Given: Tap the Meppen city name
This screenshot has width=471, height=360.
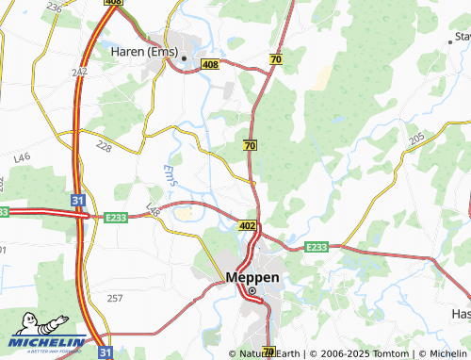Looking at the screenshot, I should click(x=252, y=277).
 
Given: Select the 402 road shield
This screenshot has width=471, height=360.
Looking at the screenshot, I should click(x=248, y=226).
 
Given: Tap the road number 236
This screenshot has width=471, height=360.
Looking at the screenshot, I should click(x=54, y=8).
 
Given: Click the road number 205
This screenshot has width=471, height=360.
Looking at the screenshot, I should click(x=417, y=139).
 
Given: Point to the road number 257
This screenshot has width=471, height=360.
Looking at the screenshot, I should click(x=114, y=298).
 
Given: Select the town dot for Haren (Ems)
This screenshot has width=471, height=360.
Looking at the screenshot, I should click(x=185, y=59).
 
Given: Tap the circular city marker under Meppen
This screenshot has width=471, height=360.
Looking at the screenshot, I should click(x=252, y=291).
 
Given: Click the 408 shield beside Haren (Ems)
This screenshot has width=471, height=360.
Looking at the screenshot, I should click(x=210, y=63).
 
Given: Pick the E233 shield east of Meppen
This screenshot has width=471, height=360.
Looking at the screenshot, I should click(x=317, y=247).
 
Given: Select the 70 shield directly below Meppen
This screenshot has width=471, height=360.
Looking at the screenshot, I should click(x=268, y=352).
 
